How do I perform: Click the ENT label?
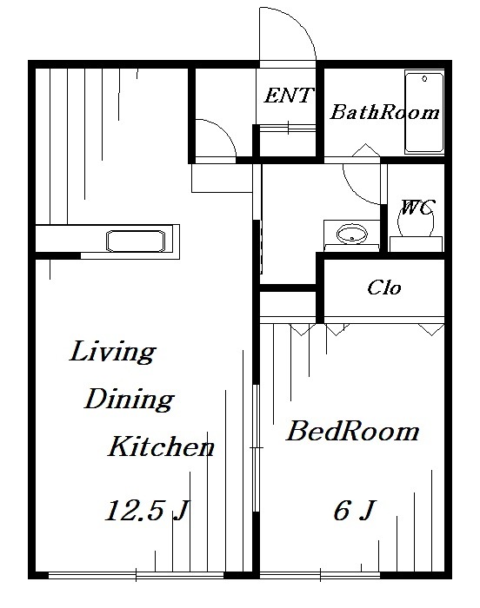tap(288, 96)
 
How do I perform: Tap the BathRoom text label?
tap(384, 112)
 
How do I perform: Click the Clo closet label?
tap(383, 287)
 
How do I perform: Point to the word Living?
tap(112, 353)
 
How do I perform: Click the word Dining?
tap(129, 400)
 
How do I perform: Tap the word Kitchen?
tap(161, 448)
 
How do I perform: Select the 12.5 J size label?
tap(146, 511)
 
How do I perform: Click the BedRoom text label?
tap(352, 431)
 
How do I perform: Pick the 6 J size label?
tap(353, 511)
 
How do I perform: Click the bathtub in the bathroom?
tap(423, 114)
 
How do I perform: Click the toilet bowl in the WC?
tap(415, 222)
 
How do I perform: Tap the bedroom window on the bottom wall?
tap(352, 575)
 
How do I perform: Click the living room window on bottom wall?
tap(139, 575)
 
